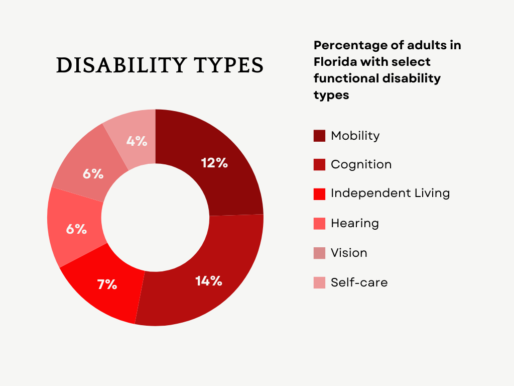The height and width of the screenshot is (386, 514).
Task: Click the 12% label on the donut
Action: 214,163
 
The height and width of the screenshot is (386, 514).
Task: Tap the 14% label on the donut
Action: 209,280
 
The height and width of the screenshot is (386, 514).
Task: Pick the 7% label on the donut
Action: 107,284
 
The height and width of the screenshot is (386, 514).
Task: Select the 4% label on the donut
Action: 137,141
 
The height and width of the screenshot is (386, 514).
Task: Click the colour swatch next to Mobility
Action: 319,136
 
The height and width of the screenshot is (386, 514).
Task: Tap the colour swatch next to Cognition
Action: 319,165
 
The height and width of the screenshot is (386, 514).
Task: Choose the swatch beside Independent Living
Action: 319,194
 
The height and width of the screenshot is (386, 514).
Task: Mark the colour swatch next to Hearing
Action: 319,224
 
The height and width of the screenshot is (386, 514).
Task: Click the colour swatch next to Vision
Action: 319,253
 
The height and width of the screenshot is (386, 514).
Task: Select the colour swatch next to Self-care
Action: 319,282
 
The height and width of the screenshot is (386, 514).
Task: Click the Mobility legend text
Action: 355,136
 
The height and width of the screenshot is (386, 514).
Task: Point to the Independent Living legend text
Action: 390,194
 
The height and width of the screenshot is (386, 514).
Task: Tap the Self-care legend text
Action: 359,282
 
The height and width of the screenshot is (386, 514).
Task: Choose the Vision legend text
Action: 349,253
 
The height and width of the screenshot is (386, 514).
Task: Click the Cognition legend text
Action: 361,165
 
